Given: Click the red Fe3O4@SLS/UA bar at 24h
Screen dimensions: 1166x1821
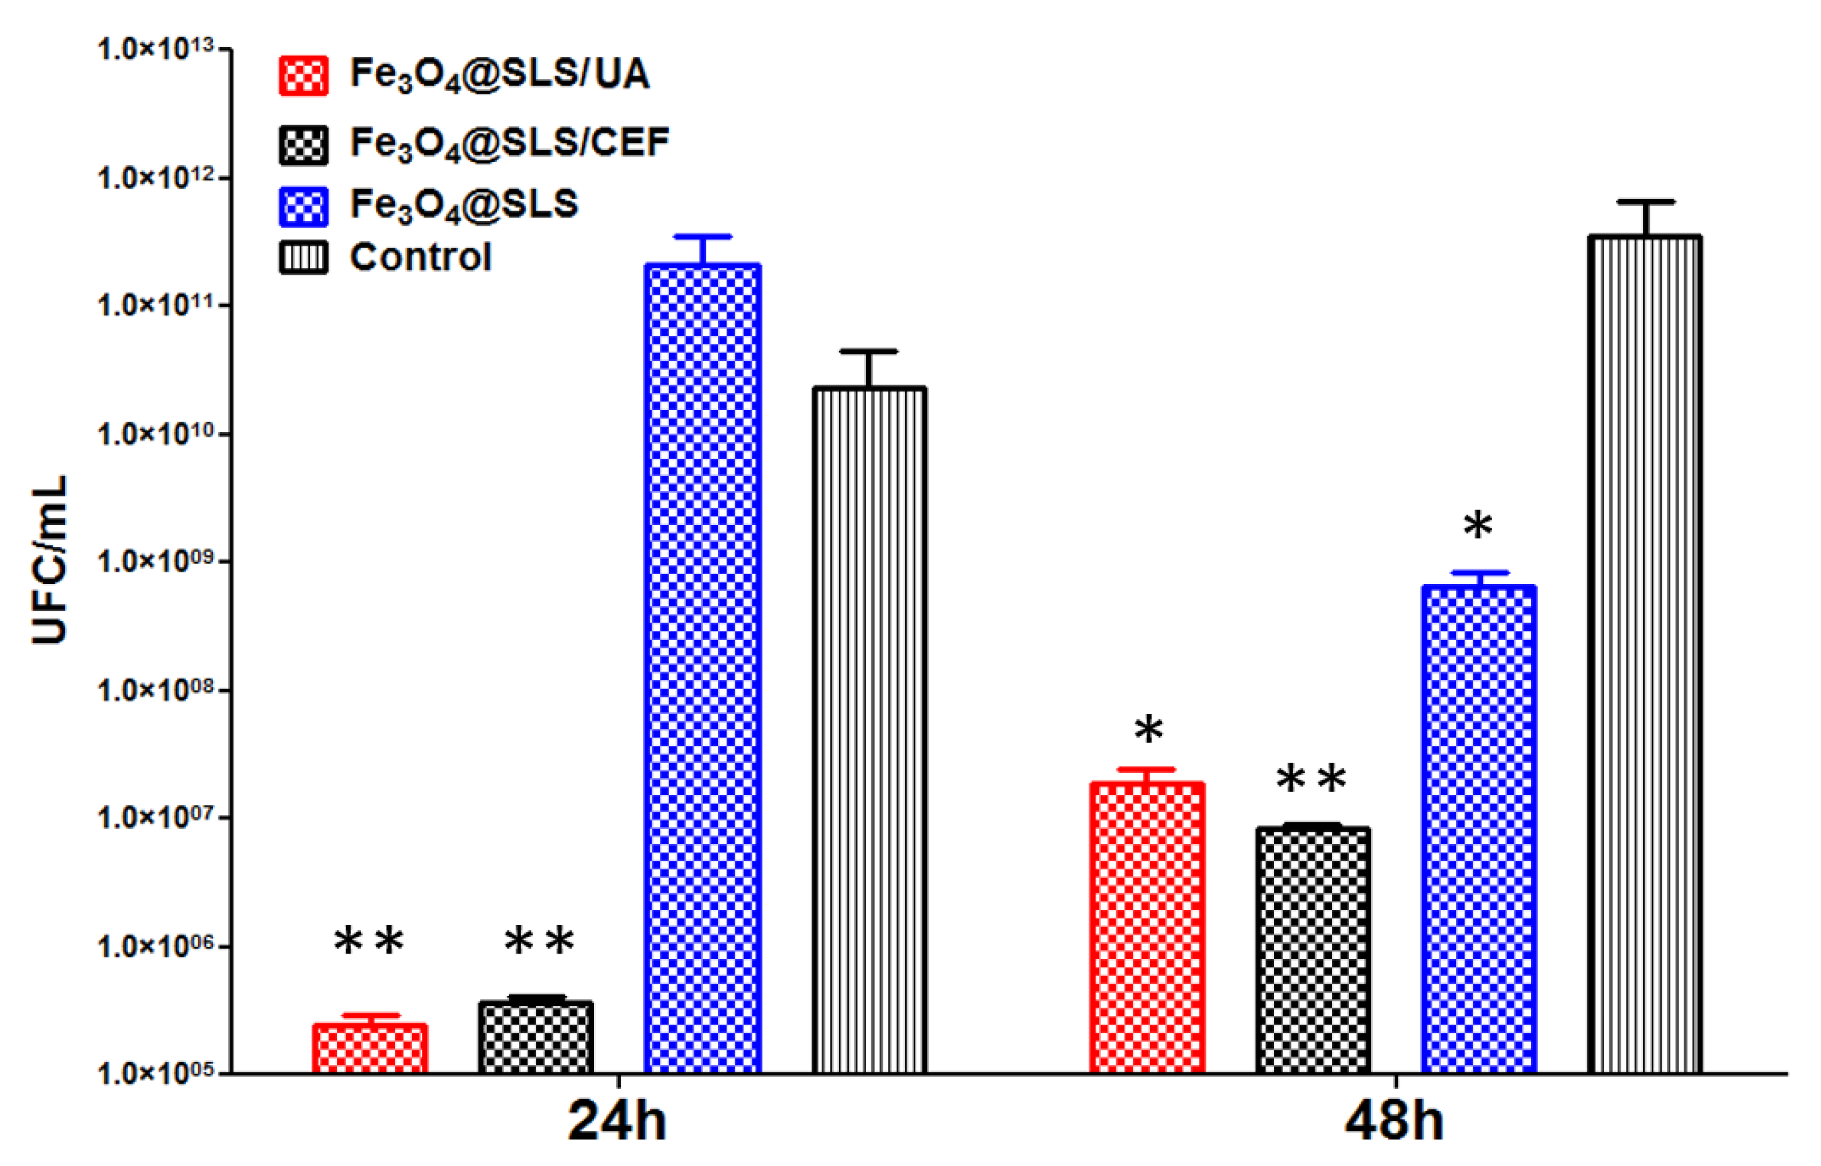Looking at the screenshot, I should (370, 1049).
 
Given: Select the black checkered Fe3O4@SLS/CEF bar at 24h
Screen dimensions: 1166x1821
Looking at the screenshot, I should (536, 1037).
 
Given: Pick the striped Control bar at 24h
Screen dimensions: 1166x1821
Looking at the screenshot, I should (869, 731).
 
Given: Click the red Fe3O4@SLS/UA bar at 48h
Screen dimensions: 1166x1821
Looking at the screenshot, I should (1147, 928).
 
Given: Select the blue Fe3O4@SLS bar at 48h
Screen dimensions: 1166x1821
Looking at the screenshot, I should (1479, 829).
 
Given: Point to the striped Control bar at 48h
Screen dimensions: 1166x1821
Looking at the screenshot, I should (1644, 655).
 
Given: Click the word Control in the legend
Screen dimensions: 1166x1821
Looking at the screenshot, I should (421, 257).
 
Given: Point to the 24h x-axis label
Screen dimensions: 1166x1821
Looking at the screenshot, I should (617, 1122).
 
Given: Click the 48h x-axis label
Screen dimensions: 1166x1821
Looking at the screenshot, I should (1394, 1122).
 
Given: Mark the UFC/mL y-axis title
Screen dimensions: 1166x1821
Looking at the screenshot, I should (50, 560).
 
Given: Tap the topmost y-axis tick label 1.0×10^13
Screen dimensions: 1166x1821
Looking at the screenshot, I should (155, 50).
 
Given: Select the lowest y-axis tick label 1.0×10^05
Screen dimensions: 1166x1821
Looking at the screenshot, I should (155, 1074).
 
